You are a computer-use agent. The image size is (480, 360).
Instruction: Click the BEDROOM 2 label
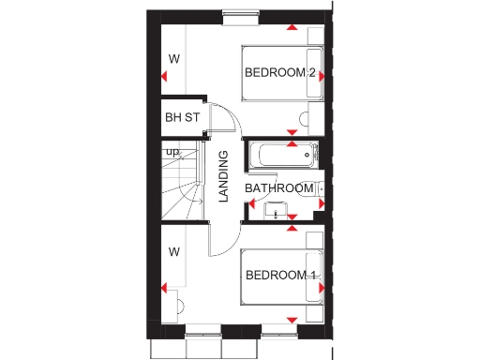pos(279,73)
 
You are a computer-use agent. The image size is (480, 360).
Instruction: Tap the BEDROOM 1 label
pos(280,275)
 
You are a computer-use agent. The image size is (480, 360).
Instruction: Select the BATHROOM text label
pos(278,188)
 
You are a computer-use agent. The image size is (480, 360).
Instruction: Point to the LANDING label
pos(223,177)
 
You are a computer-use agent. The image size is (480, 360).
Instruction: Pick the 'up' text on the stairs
pos(172,151)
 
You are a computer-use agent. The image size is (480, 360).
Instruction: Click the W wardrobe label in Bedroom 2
pos(173,59)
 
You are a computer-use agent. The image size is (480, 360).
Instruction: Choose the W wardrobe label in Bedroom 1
pos(173,251)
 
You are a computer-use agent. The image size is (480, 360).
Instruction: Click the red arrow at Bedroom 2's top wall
pos(292,29)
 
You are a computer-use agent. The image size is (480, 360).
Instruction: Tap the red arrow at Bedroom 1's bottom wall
pos(292,322)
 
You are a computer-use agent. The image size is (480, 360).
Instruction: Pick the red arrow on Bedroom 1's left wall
pos(163,289)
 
